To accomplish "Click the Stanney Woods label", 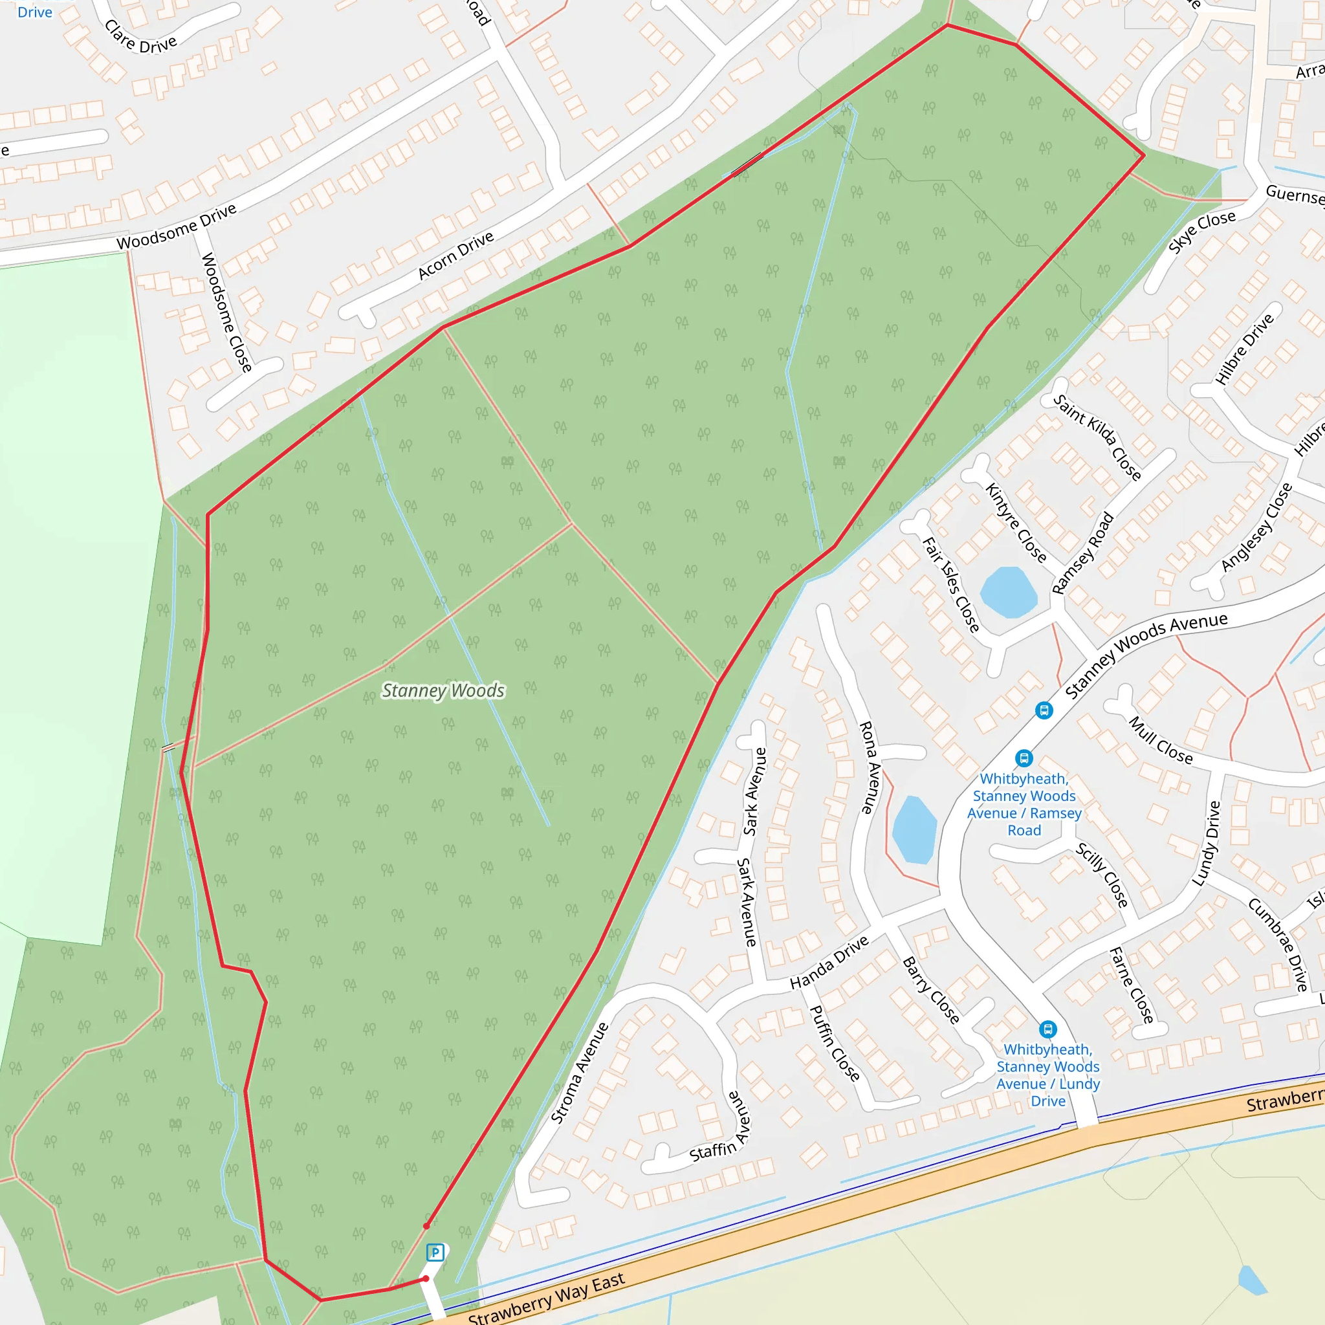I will pyautogui.click(x=443, y=690).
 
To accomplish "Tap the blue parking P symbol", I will pyautogui.click(x=435, y=1253).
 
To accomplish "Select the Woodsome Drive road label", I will pyautogui.click(x=176, y=227).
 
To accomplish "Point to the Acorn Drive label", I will pyautogui.click(x=456, y=255).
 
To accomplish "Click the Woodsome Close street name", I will pyautogui.click(x=226, y=312).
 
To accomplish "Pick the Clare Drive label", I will pyautogui.click(x=140, y=37).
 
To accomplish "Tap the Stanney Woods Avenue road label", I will pyautogui.click(x=1146, y=655).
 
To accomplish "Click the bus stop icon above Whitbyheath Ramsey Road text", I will pyautogui.click(x=1024, y=758).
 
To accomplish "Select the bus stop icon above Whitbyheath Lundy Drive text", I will pyautogui.click(x=1047, y=1029).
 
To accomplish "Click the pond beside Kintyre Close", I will pyautogui.click(x=1008, y=591).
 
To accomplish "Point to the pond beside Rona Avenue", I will pyautogui.click(x=914, y=829).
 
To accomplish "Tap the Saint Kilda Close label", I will pyautogui.click(x=1097, y=437).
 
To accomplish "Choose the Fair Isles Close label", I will pyautogui.click(x=951, y=584).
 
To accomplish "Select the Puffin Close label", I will pyautogui.click(x=835, y=1043).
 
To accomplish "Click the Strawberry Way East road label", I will pyautogui.click(x=546, y=1298).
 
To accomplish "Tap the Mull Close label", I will pyautogui.click(x=1161, y=741).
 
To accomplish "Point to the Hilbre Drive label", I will pyautogui.click(x=1244, y=349).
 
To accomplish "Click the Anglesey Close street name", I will pyautogui.click(x=1256, y=527).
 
